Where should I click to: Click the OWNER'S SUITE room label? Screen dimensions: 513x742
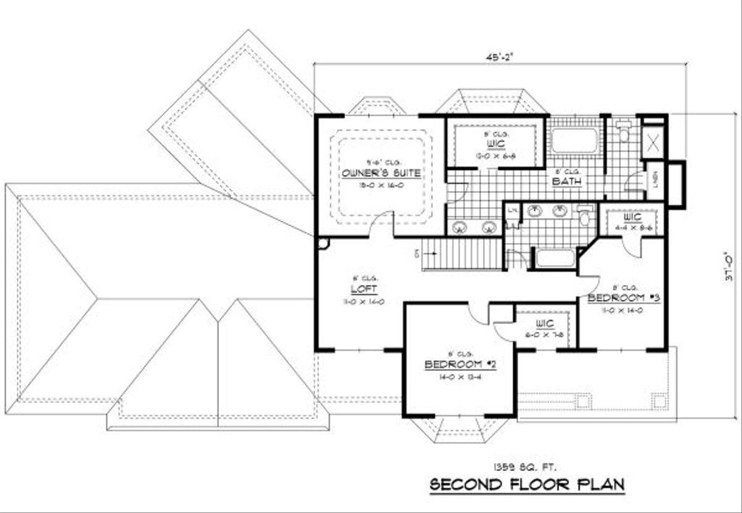pos(382,173)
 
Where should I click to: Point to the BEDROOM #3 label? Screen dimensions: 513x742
pos(623,298)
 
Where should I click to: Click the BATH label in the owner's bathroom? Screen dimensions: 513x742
pos(567,182)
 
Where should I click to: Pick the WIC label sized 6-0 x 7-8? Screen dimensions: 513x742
pos(545,323)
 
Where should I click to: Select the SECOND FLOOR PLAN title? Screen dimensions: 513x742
pos(527,484)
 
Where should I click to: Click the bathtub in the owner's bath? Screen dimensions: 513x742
pos(575,141)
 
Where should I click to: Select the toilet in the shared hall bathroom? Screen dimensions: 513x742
pos(585,216)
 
